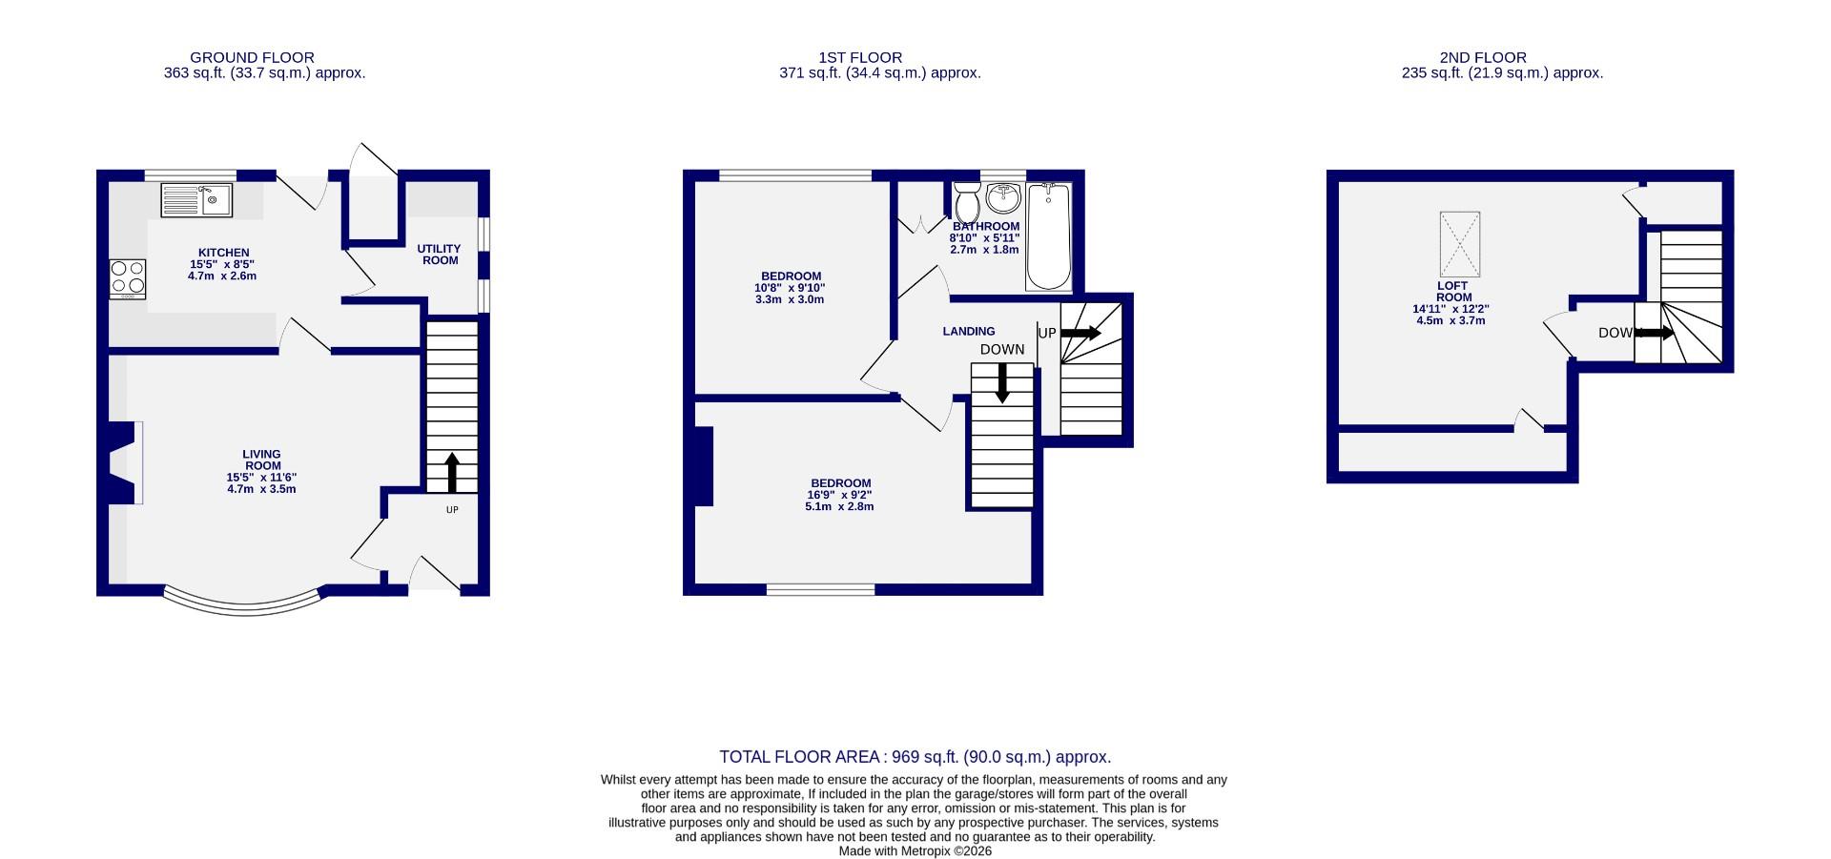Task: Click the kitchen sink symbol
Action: [x=197, y=200]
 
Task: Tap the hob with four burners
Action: [x=128, y=277]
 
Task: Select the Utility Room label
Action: [x=439, y=255]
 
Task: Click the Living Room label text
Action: [x=261, y=460]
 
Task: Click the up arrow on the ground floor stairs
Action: [x=452, y=471]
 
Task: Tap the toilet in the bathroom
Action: [x=967, y=202]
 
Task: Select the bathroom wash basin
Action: [x=1003, y=198]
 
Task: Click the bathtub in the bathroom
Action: [x=1048, y=236]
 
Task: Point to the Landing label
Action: [x=969, y=332]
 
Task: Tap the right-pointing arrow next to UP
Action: [x=1080, y=333]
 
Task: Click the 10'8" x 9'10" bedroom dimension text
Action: [x=791, y=288]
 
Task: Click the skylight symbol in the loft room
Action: [x=1459, y=244]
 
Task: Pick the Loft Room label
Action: [x=1453, y=292]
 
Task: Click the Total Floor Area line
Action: [x=915, y=757]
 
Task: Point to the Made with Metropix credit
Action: [x=915, y=851]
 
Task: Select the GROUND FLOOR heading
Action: [x=252, y=57]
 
